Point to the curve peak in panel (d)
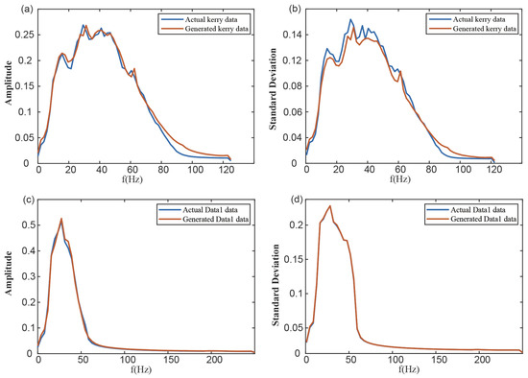(x=330, y=205)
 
